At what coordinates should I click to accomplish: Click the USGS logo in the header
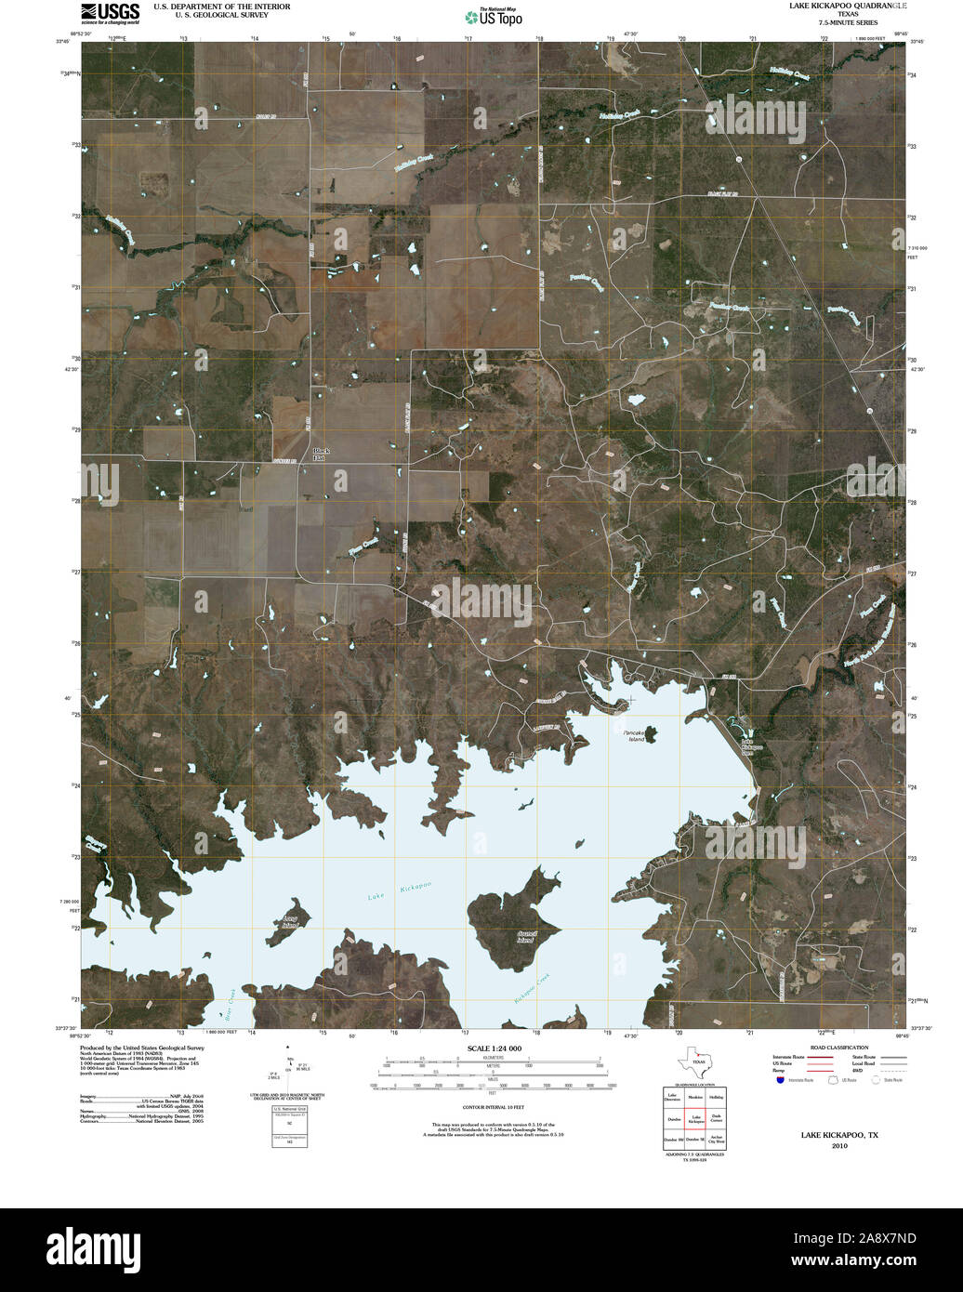coord(110,12)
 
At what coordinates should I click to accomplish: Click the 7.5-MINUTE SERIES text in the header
coord(847,22)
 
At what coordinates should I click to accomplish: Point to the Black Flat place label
coord(321,455)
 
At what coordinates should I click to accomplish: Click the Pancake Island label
coord(633,735)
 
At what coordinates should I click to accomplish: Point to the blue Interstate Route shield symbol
coord(779,1080)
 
